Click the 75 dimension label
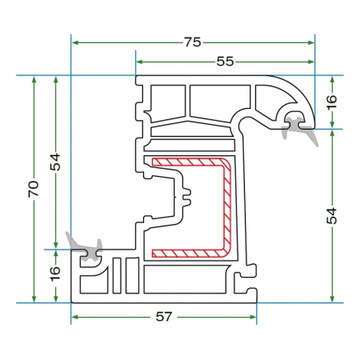tap(192, 42)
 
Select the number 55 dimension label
tap(225, 62)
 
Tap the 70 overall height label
tap(34, 189)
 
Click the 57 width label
tap(164, 317)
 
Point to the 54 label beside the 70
tap(55, 162)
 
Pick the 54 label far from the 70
tap(332, 216)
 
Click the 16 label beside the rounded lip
tap(332, 102)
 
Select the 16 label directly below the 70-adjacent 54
tap(55, 274)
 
